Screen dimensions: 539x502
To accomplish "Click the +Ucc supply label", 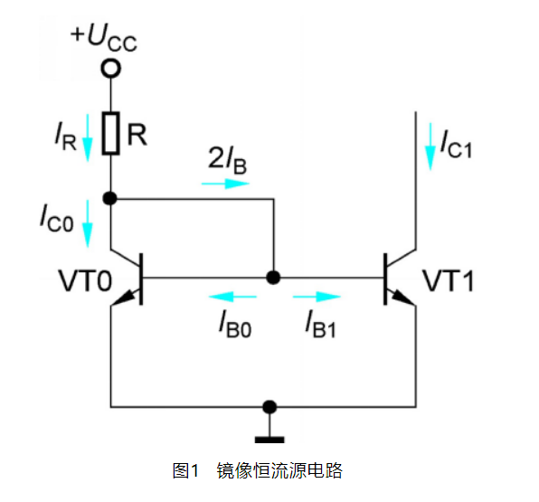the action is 104,37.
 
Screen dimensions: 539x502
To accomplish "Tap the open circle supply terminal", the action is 110,68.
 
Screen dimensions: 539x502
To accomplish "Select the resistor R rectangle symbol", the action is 110,133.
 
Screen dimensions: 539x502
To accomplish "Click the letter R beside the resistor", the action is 137,135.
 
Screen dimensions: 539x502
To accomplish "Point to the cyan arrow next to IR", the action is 88,137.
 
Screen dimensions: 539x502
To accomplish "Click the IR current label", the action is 65,137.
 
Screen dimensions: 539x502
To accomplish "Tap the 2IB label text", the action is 227,160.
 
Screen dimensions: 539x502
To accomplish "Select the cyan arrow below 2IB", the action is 225,184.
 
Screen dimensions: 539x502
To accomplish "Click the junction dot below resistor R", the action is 110,198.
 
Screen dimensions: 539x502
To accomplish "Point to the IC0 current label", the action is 57,218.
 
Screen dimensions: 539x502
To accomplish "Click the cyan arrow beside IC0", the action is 88,223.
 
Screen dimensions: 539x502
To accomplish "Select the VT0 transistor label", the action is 85,281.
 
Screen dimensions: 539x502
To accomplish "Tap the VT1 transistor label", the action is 449,281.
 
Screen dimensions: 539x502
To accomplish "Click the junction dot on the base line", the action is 273,277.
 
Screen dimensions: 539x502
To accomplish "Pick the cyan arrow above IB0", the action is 232,297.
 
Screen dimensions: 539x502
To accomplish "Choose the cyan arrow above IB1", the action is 317,297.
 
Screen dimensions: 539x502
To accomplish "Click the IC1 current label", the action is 456,144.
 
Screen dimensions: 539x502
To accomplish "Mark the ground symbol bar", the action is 269,440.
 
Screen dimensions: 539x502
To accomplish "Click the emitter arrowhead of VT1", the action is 402,298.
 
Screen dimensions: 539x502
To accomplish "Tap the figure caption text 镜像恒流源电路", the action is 279,470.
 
